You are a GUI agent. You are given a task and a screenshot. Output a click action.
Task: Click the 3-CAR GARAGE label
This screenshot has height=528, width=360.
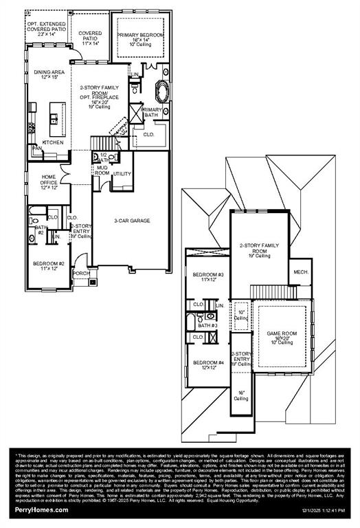(132, 221)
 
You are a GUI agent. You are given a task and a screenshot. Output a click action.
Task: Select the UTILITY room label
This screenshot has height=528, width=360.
(122, 174)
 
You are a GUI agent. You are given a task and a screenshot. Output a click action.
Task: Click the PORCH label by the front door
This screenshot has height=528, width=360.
(81, 272)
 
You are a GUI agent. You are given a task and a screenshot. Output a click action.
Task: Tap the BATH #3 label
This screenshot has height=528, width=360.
(207, 325)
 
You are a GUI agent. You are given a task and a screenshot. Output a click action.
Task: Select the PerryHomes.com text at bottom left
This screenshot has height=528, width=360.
(42, 509)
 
